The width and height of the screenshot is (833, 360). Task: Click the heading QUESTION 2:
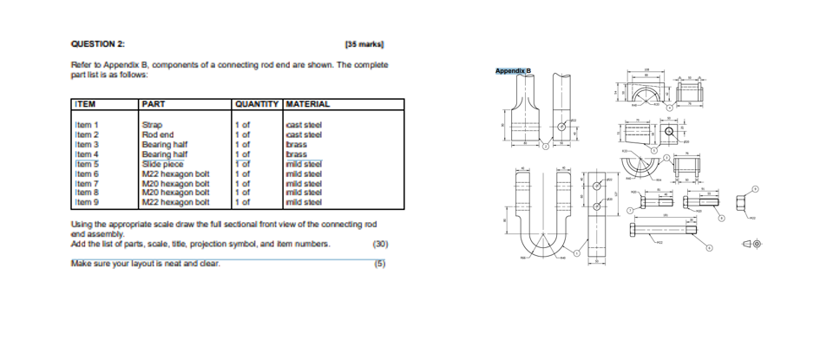(x=97, y=44)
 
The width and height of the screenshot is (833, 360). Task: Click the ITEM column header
(x=85, y=104)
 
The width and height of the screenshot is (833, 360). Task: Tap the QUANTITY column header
(x=257, y=104)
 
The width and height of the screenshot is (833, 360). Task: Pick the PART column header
(x=154, y=104)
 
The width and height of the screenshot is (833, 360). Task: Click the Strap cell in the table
(x=153, y=125)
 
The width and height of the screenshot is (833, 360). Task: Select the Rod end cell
(x=158, y=134)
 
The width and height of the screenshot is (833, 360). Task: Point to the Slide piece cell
(x=162, y=163)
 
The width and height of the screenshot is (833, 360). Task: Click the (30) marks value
(x=378, y=244)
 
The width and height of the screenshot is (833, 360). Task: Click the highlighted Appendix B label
(x=513, y=70)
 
